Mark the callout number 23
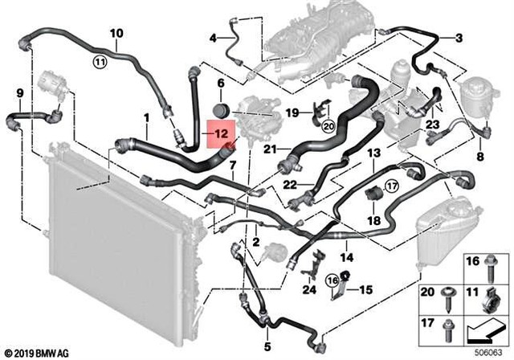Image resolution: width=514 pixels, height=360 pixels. [432, 125]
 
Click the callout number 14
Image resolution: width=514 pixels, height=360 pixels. [345, 258]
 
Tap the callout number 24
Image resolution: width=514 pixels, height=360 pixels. [309, 289]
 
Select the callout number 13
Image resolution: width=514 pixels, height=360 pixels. [373, 153]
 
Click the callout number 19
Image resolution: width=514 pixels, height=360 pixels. [293, 111]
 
